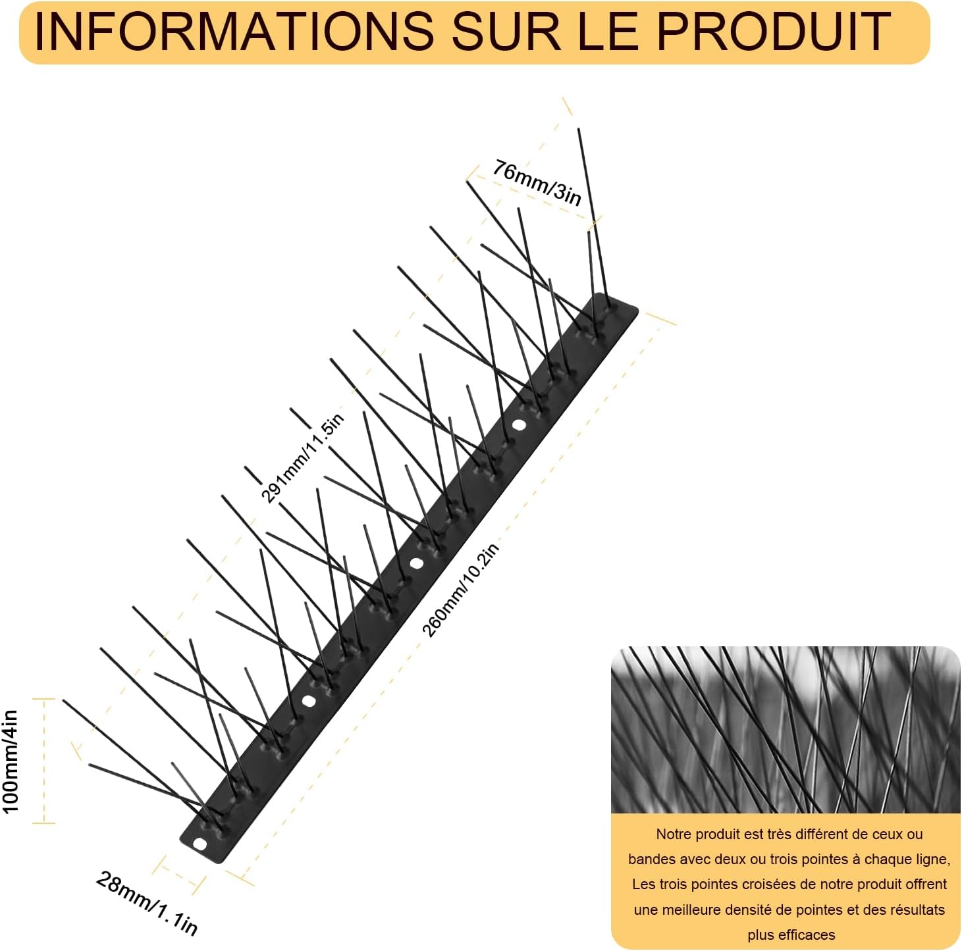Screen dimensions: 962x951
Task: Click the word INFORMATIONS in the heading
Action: [233, 32]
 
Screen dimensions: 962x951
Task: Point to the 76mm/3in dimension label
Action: [537, 183]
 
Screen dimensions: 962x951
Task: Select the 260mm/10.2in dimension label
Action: [460, 590]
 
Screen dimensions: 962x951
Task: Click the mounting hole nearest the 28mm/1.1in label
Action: [200, 844]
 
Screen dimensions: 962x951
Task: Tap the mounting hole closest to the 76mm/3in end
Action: [520, 425]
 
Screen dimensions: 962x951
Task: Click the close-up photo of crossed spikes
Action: [786, 729]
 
